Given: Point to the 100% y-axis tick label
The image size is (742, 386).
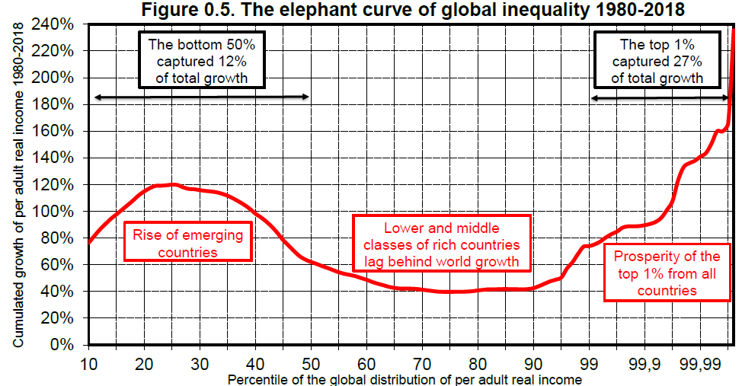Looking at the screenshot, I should point(59,212).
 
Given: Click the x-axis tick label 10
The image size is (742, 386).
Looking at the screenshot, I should point(88,363).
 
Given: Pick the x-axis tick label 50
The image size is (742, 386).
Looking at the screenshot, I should point(311,363).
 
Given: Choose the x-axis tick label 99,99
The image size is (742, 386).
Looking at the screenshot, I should point(699,363).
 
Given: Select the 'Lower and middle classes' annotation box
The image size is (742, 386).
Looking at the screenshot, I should point(441,244).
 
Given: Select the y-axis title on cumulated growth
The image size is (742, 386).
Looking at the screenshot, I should point(17,185).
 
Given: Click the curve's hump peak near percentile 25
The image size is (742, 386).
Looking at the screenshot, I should point(173,184).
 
